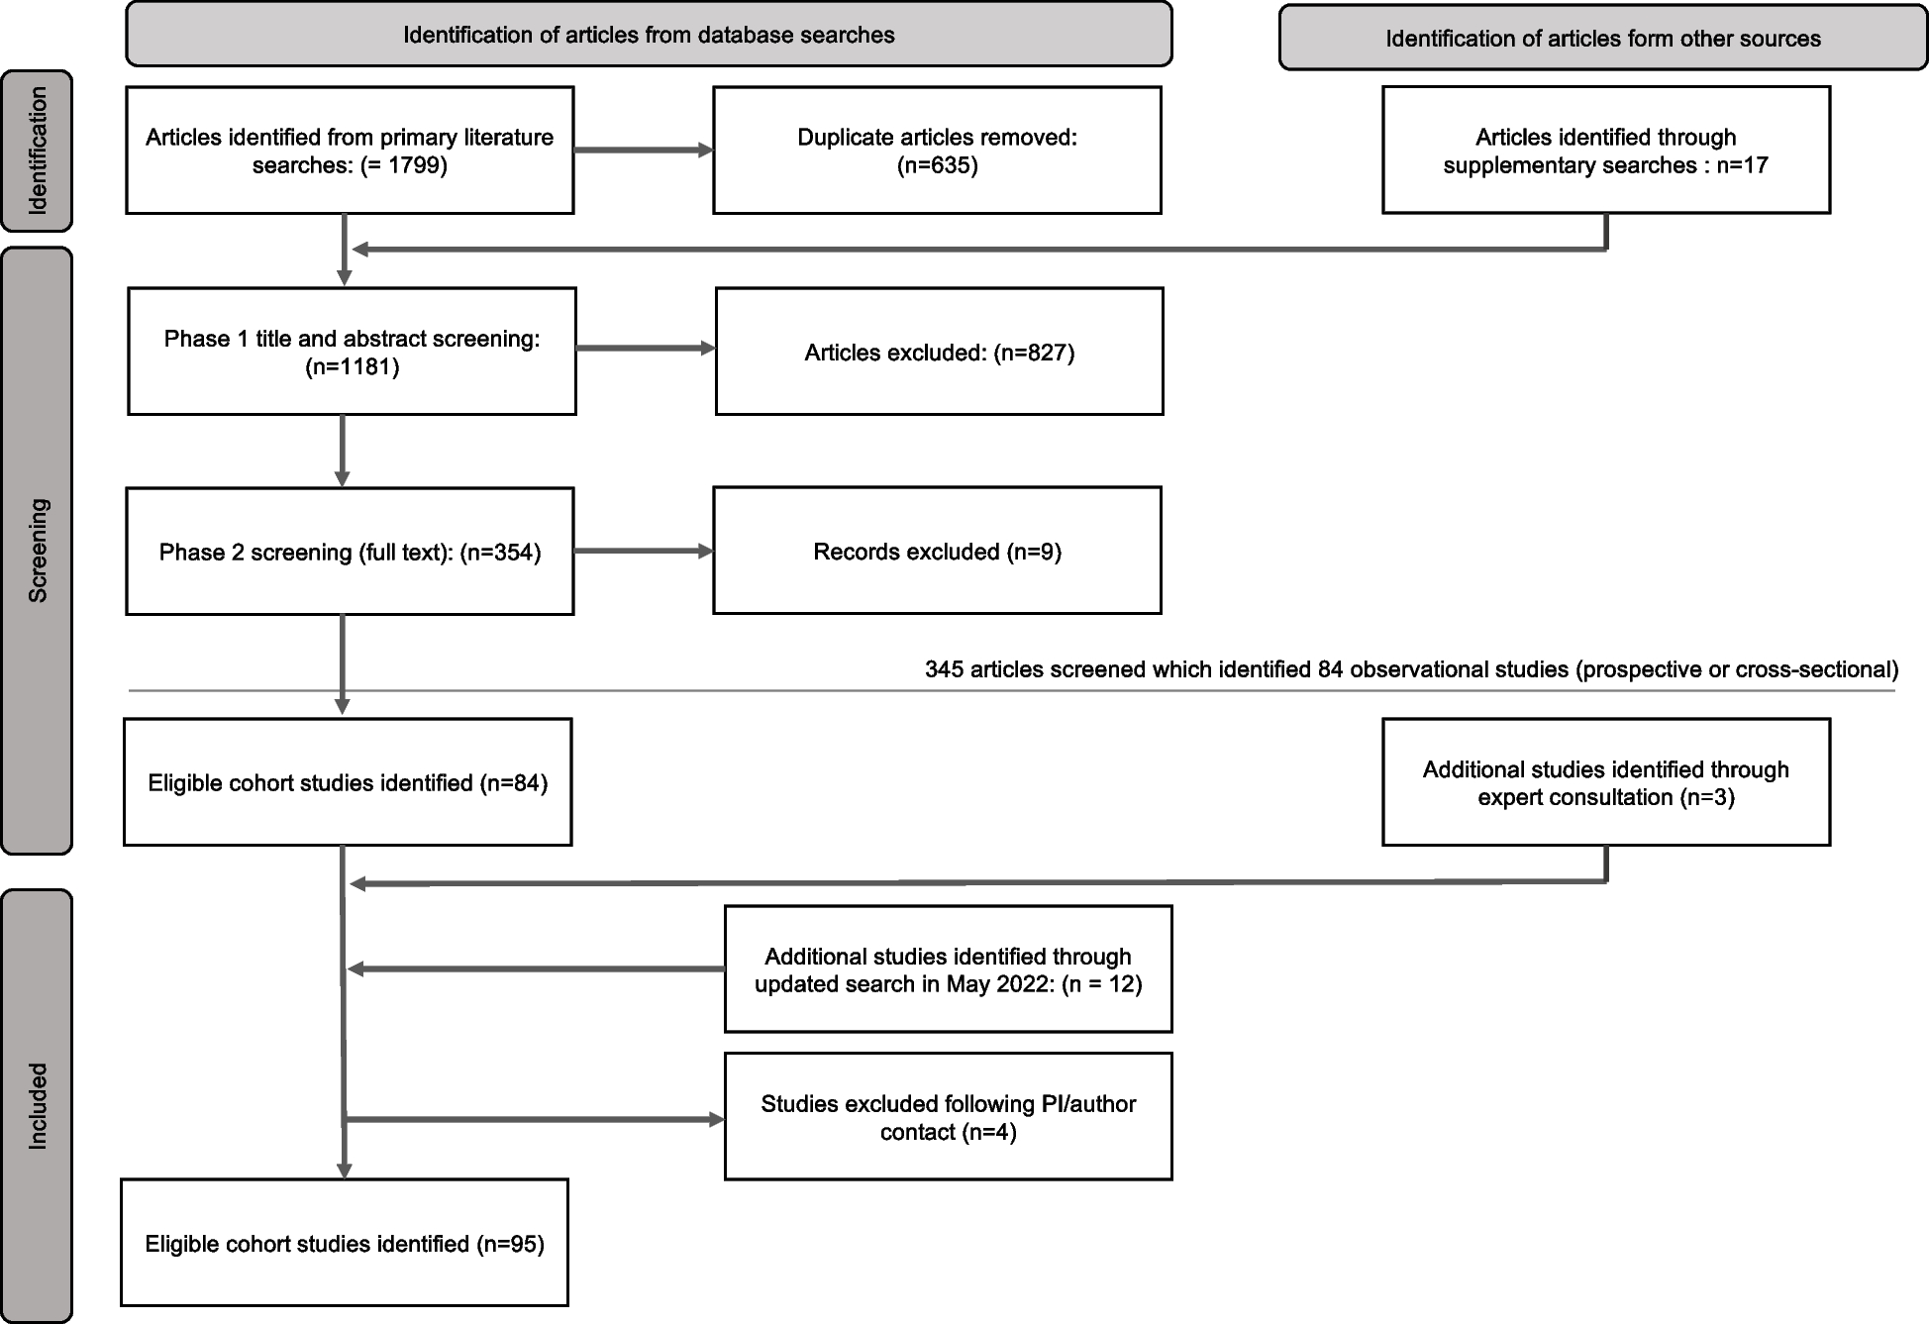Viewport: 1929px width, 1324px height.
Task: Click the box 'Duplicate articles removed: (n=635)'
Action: [937, 151]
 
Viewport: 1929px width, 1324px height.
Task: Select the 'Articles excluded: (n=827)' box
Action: [939, 352]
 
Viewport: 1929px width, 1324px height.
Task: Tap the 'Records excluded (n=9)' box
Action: [937, 551]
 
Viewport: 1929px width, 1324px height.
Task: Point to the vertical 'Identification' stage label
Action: [38, 151]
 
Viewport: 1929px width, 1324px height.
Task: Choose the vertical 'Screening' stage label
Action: [38, 551]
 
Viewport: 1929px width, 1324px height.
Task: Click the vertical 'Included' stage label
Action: [38, 1105]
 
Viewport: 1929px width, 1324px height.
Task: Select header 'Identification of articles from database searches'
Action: [649, 35]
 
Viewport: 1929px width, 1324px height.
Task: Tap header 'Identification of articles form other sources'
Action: [1602, 39]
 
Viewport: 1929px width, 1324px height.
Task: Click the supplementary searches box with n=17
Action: [1605, 151]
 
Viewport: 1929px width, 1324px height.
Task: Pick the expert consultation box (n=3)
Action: [1605, 782]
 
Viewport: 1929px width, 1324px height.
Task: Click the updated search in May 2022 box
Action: [948, 969]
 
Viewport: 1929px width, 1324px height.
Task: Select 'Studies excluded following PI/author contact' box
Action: [948, 1117]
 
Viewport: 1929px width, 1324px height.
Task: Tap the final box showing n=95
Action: [345, 1243]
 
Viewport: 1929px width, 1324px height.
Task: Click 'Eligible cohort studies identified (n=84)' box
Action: [348, 782]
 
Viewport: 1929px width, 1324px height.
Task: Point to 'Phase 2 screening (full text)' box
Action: [350, 552]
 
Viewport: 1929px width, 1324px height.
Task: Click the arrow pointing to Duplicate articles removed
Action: [644, 151]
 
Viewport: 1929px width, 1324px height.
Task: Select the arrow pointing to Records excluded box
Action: [644, 551]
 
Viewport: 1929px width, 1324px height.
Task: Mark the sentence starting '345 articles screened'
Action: [1411, 669]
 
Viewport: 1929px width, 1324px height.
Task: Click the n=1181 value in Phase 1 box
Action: [353, 367]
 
